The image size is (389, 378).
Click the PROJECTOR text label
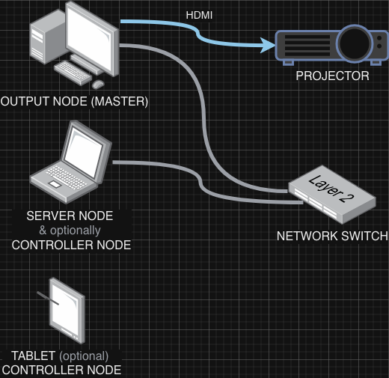click(x=332, y=76)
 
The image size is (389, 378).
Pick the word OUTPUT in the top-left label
click(x=22, y=101)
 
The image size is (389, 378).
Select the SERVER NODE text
click(x=70, y=216)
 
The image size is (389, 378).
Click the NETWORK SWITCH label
click(x=332, y=236)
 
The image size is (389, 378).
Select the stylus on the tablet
click(x=48, y=300)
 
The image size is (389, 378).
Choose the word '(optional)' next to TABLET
click(x=84, y=356)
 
